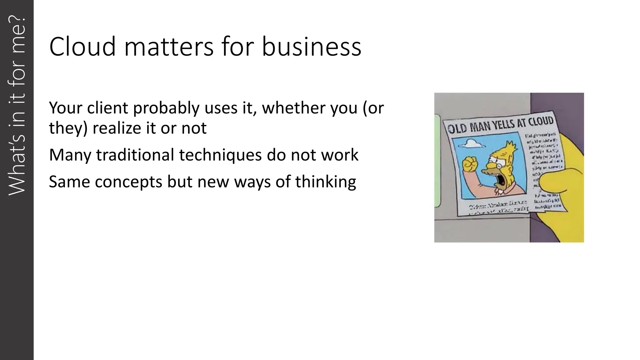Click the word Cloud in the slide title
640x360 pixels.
click(x=82, y=47)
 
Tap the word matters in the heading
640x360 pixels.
click(x=169, y=47)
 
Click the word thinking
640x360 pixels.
click(x=325, y=182)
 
